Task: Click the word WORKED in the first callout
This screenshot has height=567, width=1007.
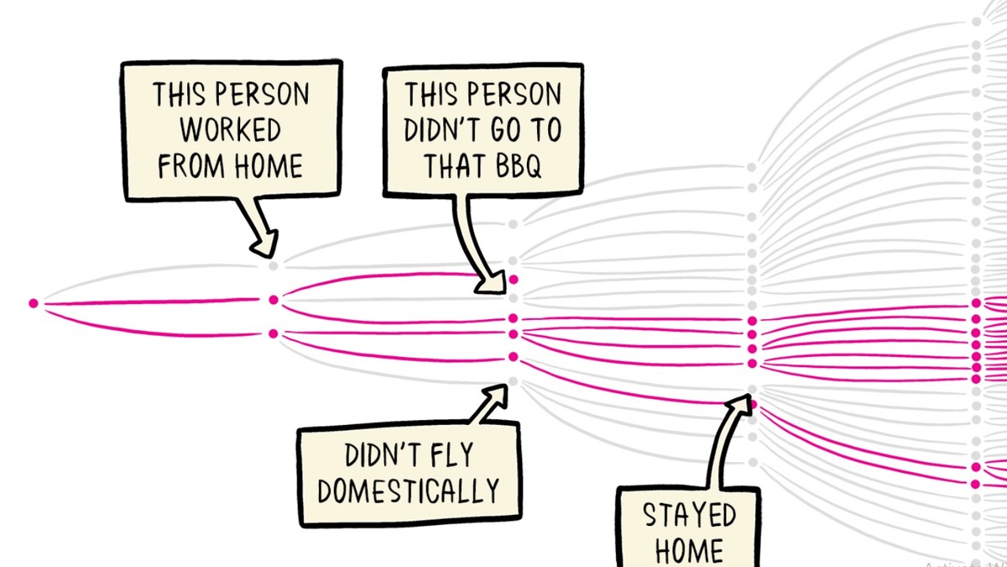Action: coord(231,129)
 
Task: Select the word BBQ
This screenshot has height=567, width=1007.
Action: coord(519,166)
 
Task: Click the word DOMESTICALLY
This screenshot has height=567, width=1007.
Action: coord(409,490)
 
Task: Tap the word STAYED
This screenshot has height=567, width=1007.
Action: coord(689,515)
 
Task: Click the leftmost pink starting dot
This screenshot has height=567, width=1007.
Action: coord(34,303)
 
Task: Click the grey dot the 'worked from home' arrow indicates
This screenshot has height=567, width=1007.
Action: coord(273,266)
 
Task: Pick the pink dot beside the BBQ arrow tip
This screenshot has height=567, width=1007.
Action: coord(514,280)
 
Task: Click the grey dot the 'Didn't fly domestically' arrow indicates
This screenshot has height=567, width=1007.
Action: coord(513,382)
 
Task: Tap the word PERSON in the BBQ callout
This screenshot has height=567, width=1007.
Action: coord(514,93)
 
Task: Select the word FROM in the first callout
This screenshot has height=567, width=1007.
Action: coord(191,165)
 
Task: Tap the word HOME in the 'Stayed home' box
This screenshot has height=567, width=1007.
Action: coord(689,550)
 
